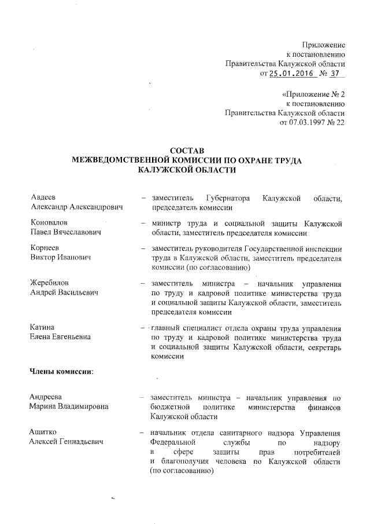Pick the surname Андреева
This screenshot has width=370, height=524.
coord(47,397)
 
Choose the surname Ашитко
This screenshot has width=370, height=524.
coord(44,433)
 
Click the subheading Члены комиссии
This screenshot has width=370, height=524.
coord(62,371)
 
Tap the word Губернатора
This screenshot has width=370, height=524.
coord(226,199)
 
